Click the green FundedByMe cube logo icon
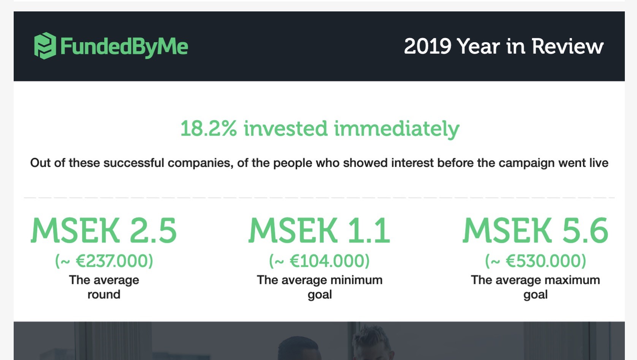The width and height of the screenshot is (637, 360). pos(45,46)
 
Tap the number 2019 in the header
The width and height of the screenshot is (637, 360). pos(428,46)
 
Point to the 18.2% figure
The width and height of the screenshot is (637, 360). pos(208,128)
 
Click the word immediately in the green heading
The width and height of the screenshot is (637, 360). pos(397,129)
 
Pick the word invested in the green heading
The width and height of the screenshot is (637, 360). pos(285,128)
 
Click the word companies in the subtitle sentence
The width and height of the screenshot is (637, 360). pos(200,163)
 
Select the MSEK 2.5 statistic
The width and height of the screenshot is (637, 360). pos(104,230)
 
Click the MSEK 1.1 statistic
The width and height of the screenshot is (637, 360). pos(319,230)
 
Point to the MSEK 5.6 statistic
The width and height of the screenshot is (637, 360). pos(536,230)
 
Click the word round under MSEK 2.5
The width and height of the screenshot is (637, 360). pos(104,295)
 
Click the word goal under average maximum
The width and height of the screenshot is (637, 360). pos(536,295)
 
